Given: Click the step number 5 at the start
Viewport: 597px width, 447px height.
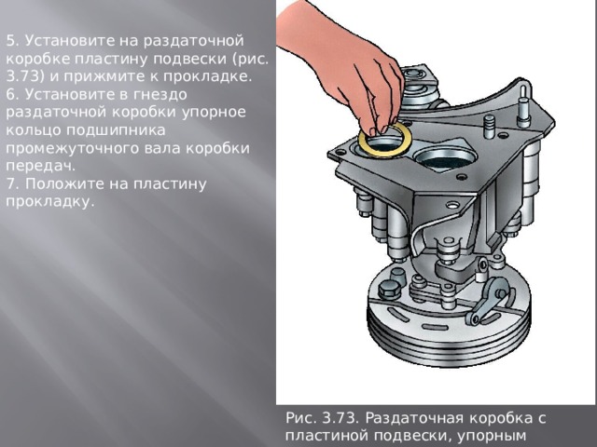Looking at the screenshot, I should point(9,41).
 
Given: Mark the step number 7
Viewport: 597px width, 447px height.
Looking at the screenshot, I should point(9,183).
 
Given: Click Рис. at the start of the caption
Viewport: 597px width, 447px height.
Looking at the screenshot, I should point(304,418).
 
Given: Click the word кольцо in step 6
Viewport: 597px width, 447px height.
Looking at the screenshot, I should point(30,129).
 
